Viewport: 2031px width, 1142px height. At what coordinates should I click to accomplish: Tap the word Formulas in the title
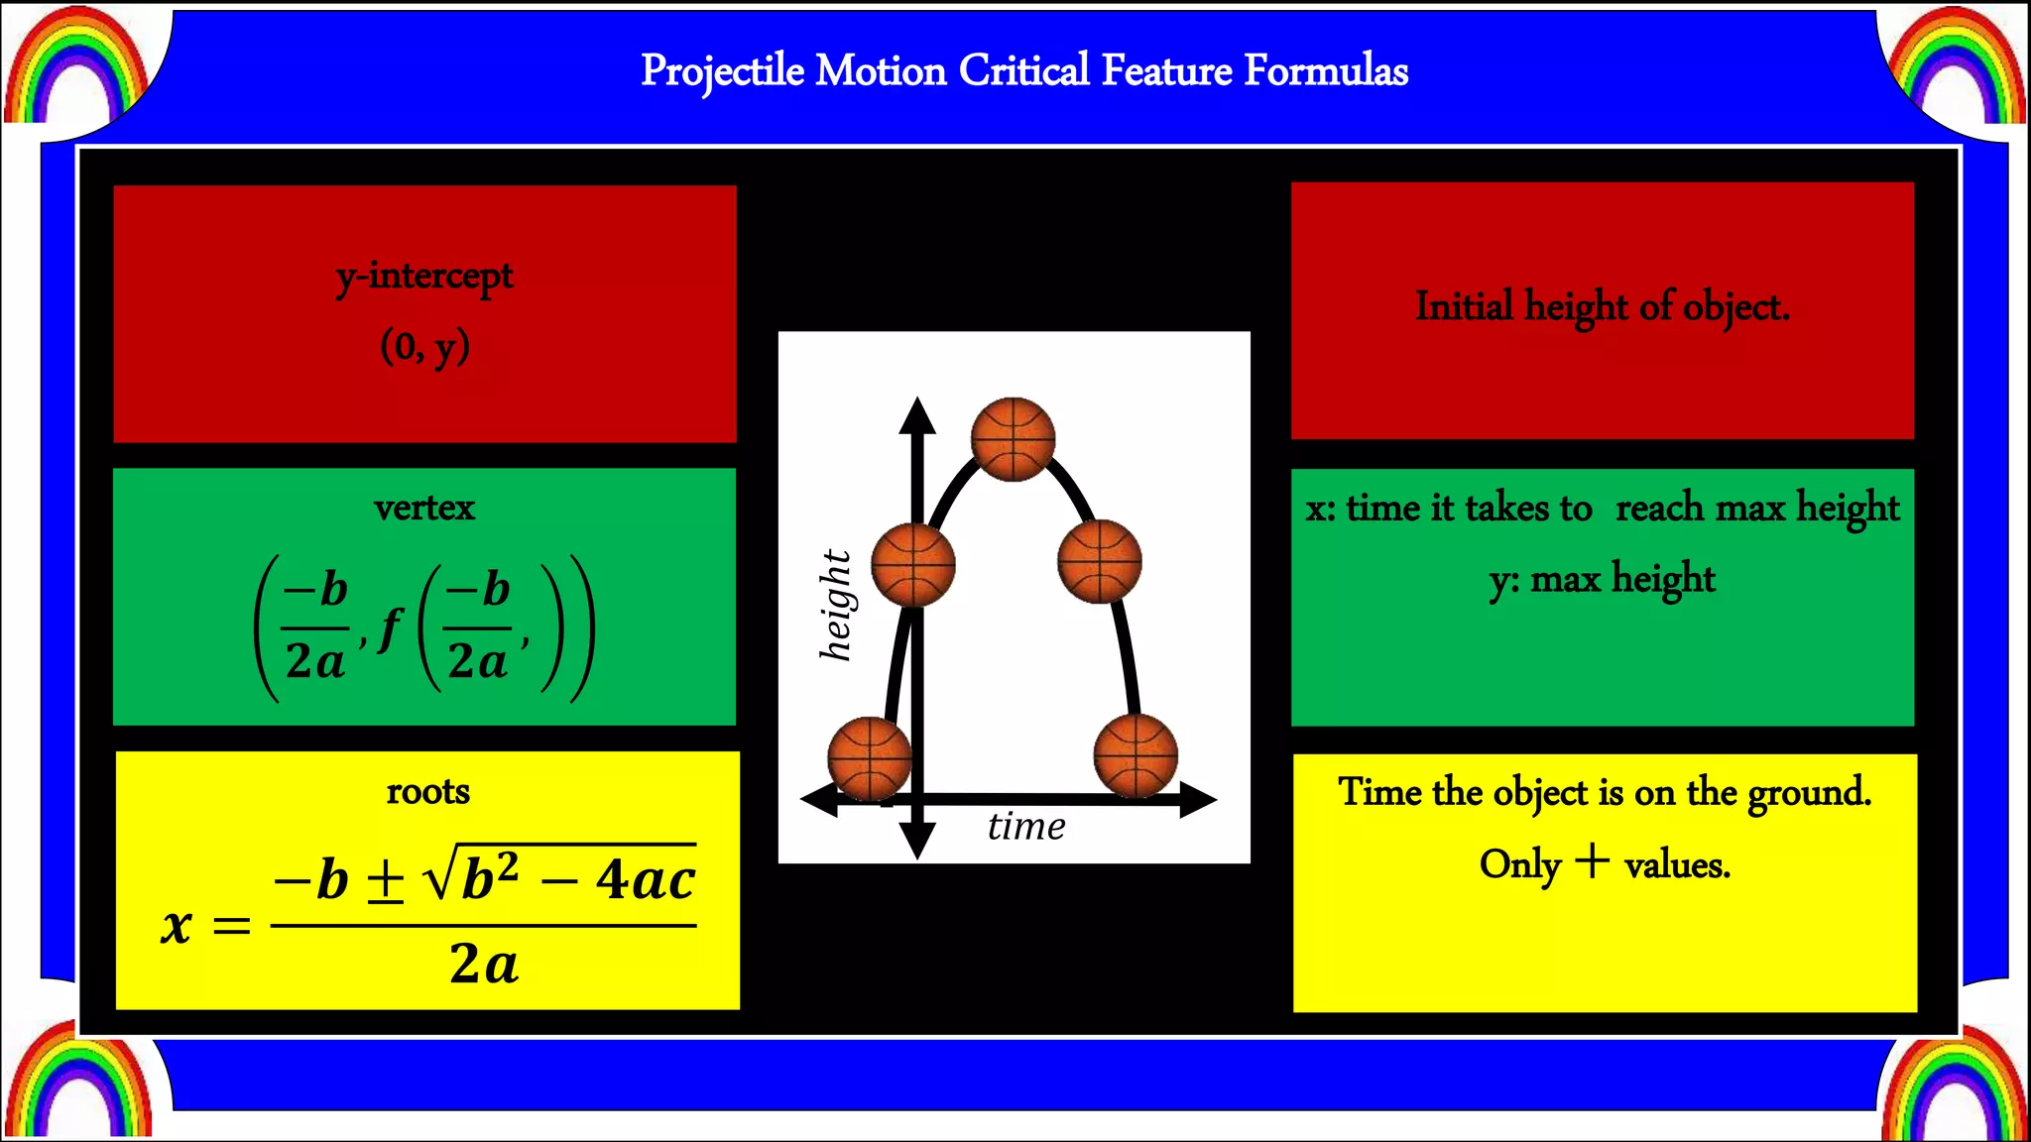[1326, 71]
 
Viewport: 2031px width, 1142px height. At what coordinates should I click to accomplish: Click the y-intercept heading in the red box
[424, 277]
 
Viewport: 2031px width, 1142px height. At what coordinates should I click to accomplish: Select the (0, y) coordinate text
[424, 347]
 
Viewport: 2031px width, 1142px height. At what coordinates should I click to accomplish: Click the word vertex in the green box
[424, 508]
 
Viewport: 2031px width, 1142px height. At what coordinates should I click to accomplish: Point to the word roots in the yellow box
[427, 791]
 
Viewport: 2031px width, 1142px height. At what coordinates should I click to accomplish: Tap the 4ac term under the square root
[645, 879]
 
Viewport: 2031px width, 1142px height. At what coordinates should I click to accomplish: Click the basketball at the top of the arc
[1013, 439]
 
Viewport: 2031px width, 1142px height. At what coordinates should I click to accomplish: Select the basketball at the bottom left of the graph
[869, 759]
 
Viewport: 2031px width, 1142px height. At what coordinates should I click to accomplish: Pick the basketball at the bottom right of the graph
[1135, 755]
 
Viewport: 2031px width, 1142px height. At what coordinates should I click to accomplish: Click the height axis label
[835, 605]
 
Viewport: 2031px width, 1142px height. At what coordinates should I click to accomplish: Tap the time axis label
[1026, 826]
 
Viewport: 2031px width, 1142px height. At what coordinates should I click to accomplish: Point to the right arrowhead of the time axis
[1199, 799]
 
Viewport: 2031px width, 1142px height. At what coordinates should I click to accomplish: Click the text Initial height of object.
[1602, 306]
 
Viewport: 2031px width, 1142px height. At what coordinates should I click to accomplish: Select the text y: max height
[1602, 579]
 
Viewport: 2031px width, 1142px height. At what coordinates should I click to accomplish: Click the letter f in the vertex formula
[392, 628]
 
